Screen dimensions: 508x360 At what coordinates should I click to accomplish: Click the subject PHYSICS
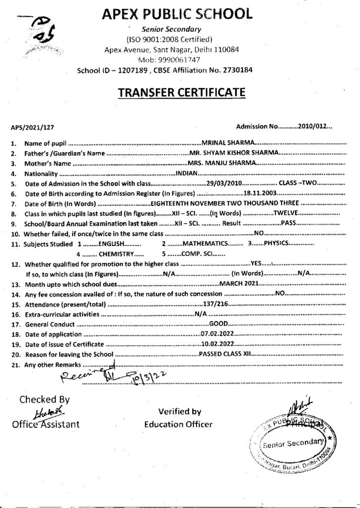click(x=276, y=244)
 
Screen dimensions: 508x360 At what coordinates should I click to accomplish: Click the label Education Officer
click(x=178, y=424)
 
